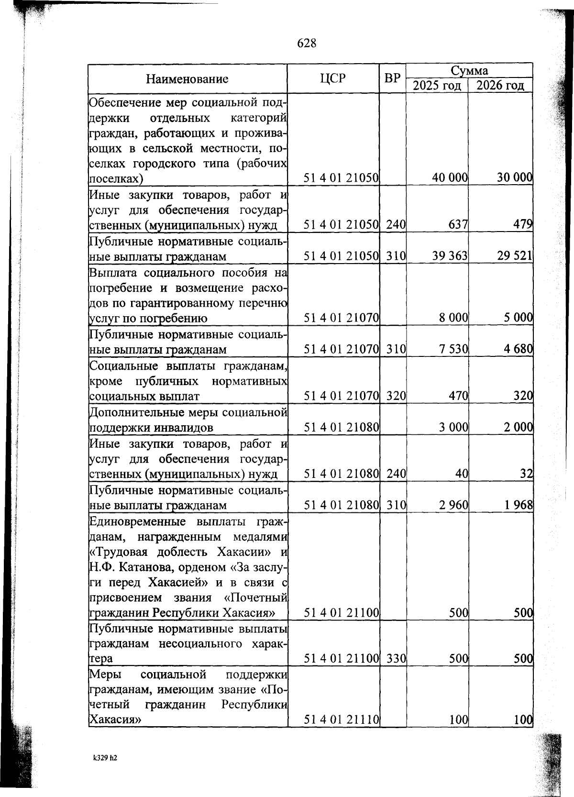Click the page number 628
307,44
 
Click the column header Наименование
187,79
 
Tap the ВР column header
392,78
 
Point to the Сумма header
469,71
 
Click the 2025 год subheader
437,86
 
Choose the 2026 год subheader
500,86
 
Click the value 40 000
450,178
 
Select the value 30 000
514,178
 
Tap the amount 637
458,224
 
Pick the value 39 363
450,256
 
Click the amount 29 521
515,256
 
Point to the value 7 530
453,349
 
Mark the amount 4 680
518,349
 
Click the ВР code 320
396,396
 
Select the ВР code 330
396,659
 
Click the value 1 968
518,505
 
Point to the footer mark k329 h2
105,758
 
